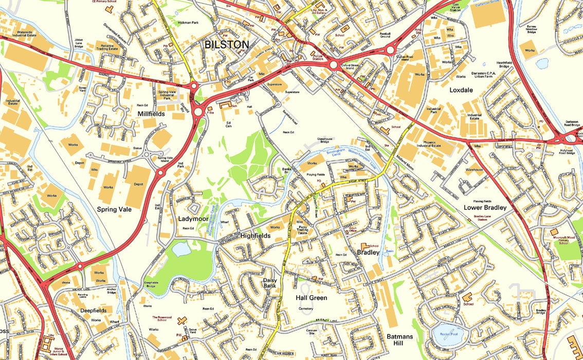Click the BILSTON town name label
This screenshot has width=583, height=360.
227,45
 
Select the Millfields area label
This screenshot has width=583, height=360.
151,113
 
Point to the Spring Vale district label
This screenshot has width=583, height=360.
114,209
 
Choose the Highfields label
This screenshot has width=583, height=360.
256,236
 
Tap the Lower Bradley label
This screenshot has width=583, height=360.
485,208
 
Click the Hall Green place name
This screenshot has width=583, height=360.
311,298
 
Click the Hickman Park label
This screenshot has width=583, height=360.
188,23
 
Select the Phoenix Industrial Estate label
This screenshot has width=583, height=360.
425,143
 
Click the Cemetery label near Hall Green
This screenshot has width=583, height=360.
306,309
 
